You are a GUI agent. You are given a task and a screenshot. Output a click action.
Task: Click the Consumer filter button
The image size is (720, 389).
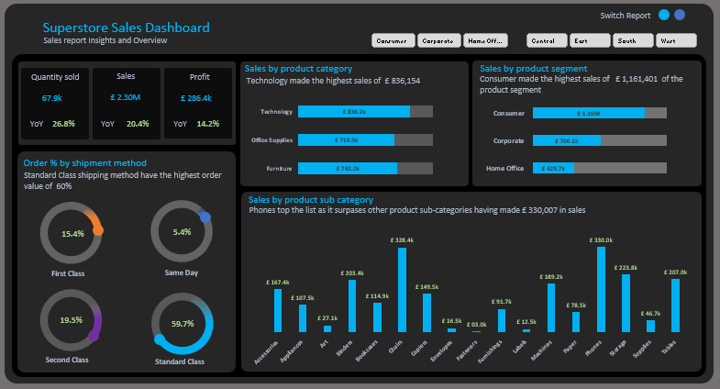coord(393,40)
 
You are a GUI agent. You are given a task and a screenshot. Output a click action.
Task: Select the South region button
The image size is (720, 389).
coord(633,40)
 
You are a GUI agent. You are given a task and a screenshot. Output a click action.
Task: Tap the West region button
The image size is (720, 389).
coord(677,40)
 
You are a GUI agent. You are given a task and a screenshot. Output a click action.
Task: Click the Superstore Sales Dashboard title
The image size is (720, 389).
coord(126,28)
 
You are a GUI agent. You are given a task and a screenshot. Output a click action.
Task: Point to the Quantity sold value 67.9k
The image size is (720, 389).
coord(51,97)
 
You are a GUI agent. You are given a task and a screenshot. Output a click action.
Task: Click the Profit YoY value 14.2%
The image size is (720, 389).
coord(208,123)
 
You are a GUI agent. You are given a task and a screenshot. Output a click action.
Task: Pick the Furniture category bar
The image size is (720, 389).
coord(348,169)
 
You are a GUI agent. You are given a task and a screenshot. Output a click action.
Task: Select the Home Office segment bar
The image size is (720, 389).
coord(553,169)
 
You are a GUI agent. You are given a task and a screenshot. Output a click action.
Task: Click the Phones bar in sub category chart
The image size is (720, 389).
coord(601,289)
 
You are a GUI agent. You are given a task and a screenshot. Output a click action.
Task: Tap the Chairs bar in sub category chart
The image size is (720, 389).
coord(402,290)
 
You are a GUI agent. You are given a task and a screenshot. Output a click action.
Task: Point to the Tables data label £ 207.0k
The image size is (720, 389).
coord(675,272)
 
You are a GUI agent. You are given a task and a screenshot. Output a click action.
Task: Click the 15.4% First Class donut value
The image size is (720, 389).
coord(72,234)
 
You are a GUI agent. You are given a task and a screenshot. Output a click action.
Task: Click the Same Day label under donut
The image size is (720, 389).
coord(182,272)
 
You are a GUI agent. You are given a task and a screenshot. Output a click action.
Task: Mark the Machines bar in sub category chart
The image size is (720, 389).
coord(551,307)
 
